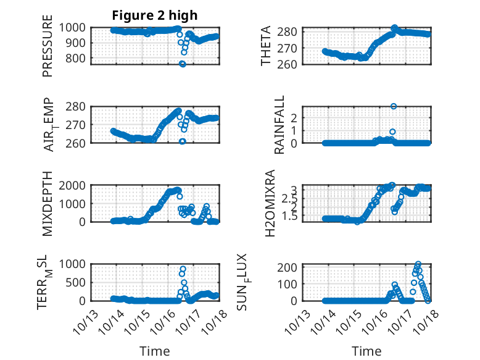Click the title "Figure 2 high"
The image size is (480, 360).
point(155,15)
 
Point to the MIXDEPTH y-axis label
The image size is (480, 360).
point(48,203)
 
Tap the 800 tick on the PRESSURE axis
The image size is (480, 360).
point(78,59)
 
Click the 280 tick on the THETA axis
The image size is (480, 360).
point(292,31)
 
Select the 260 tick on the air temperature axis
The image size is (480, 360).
point(78,143)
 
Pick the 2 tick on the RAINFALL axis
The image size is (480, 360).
point(296,117)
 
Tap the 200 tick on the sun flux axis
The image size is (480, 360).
point(292,267)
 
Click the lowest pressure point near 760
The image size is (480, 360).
point(183,64)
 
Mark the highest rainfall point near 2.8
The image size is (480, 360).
point(394,106)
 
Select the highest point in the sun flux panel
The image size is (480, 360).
point(418,264)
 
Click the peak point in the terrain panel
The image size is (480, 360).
point(183,269)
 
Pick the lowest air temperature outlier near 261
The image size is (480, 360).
point(183,141)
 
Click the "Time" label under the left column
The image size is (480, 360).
point(155,351)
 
